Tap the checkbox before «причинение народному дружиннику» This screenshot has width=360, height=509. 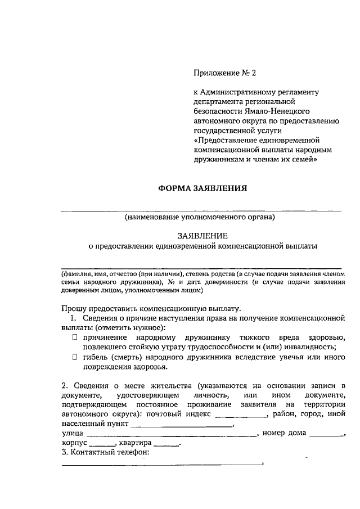pyautogui.click(x=74, y=337)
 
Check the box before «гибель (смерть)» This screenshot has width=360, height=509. pyautogui.click(x=74, y=357)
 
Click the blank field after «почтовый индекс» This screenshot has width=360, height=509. pyautogui.click(x=241, y=415)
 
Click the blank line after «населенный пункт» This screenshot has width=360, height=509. pyautogui.click(x=181, y=425)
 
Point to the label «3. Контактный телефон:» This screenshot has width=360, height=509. pyautogui.click(x=105, y=453)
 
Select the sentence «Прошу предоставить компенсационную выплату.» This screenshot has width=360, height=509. pyautogui.click(x=152, y=308)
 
